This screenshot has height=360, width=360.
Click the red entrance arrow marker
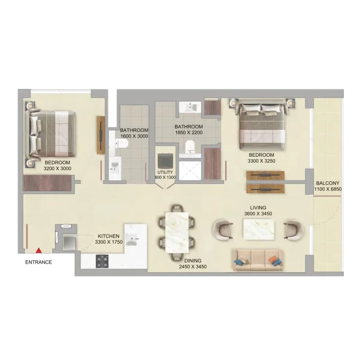point(39,250)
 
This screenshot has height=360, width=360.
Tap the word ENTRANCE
point(38,262)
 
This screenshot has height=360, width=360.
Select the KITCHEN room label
point(109,236)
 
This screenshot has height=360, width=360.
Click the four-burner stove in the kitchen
point(102,261)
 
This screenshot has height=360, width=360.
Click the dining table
point(177,233)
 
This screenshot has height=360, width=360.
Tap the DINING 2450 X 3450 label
point(193,264)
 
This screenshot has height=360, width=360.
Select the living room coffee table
point(259,230)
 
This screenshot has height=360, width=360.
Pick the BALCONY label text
point(327,183)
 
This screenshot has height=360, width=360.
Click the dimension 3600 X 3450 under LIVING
point(258,214)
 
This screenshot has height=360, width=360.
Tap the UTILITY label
point(165,172)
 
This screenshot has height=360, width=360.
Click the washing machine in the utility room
point(166,160)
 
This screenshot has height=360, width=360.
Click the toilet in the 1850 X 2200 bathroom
point(190,147)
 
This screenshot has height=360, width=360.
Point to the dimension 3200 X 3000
point(57,168)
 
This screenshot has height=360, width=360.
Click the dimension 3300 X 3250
point(261,161)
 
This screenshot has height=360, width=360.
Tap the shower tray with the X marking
point(190,171)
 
